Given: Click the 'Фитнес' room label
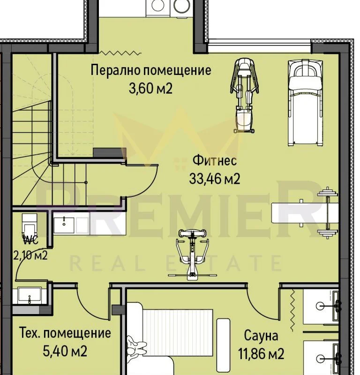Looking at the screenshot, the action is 215,160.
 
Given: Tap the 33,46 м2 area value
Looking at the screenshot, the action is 215,179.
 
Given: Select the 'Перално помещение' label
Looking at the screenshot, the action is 150,70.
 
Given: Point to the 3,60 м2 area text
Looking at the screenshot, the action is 150,89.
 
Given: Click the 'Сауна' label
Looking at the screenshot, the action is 261,336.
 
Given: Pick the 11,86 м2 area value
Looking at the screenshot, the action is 261,354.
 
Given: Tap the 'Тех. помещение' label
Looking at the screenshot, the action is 65,333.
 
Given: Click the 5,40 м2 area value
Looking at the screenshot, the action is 65,351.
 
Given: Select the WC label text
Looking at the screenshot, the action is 30,240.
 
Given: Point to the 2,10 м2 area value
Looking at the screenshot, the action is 30,255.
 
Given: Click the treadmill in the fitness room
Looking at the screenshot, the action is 306,103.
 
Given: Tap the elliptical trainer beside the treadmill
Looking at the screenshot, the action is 244,96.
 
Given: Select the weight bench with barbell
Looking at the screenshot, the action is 305,213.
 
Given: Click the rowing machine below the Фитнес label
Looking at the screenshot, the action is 192,254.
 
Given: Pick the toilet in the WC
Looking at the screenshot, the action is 30,225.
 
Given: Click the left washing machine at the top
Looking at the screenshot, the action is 158,6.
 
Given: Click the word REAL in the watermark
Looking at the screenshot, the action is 108,263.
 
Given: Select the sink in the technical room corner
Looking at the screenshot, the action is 30,295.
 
